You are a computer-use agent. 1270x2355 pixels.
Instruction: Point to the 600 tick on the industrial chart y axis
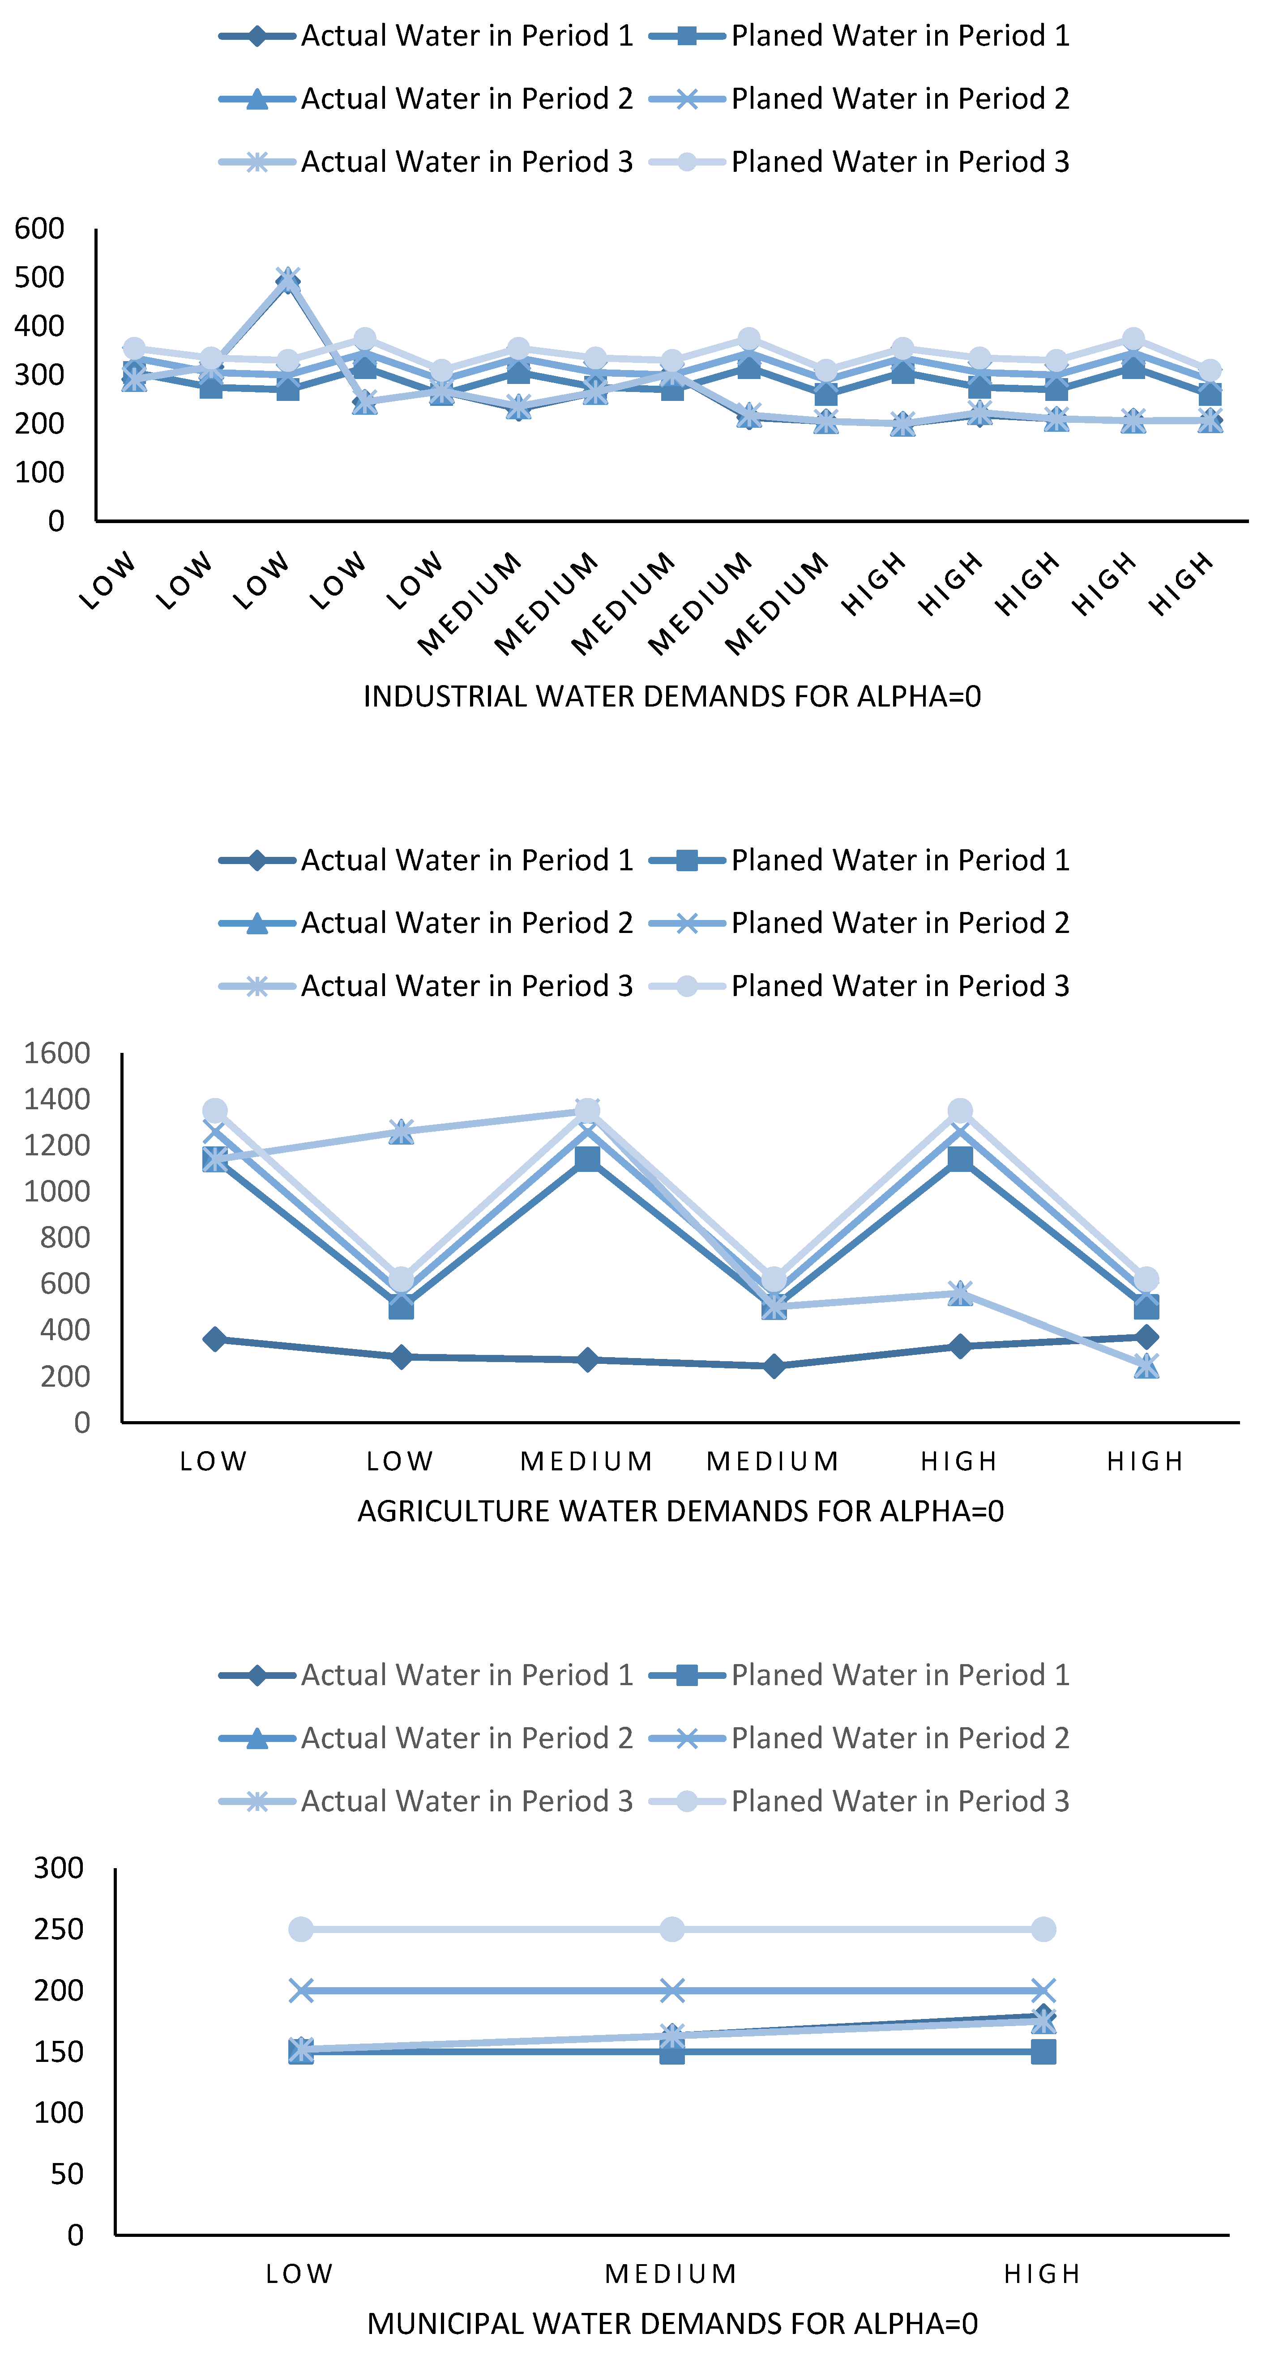tap(39, 229)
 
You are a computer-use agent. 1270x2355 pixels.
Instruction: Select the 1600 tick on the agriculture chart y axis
tap(57, 1053)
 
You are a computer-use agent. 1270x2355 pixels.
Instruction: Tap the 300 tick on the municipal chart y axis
tap(59, 1868)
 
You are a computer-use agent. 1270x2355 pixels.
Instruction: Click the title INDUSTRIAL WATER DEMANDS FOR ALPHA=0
tap(672, 697)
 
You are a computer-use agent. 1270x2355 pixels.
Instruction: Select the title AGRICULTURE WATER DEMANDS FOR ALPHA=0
tap(680, 1511)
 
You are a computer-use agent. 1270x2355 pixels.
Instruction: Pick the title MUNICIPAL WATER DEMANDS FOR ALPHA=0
tap(672, 2323)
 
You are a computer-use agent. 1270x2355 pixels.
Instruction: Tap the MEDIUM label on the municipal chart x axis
tap(672, 2274)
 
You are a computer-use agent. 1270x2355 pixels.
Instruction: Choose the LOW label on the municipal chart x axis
tap(300, 2274)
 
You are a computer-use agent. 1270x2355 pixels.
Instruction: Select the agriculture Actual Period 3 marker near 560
tap(960, 1293)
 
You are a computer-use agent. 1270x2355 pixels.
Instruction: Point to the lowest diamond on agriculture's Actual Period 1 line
tap(774, 1366)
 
